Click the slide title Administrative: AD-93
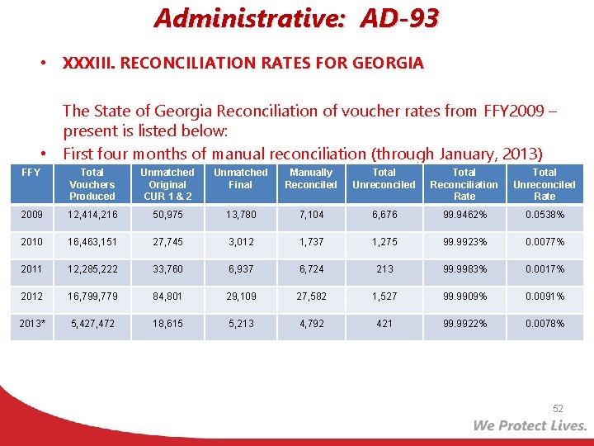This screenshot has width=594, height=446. click(x=296, y=18)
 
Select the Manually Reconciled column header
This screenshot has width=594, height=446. click(x=311, y=178)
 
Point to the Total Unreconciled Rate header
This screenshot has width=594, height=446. click(x=544, y=184)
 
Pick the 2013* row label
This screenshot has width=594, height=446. click(x=33, y=324)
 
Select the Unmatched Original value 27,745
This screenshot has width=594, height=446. click(x=167, y=242)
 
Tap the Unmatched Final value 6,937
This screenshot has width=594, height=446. click(x=240, y=269)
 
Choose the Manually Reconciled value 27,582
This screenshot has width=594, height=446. click(x=311, y=297)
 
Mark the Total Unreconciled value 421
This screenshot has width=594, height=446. click(x=384, y=324)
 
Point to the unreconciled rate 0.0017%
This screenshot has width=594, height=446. click(x=544, y=269)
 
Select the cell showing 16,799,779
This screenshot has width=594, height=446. click(x=92, y=297)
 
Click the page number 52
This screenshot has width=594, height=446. click(x=558, y=409)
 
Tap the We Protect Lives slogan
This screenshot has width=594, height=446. click(x=530, y=425)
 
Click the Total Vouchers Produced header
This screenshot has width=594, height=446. click(x=92, y=184)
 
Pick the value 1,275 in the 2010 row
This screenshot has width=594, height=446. click(x=384, y=242)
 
